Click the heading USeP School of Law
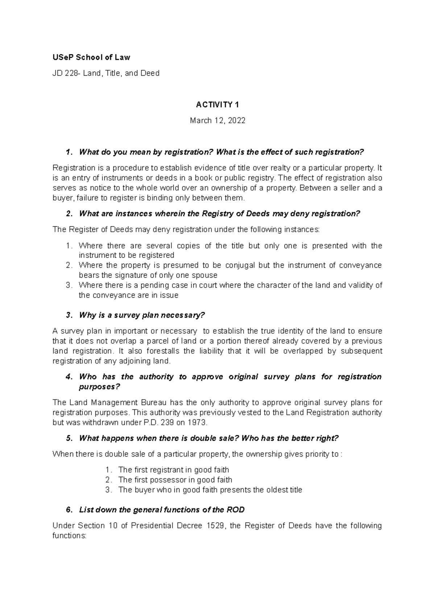pos(91,57)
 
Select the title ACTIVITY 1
pos(217,105)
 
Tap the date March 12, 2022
pos(217,121)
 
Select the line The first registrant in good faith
pos(173,470)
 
